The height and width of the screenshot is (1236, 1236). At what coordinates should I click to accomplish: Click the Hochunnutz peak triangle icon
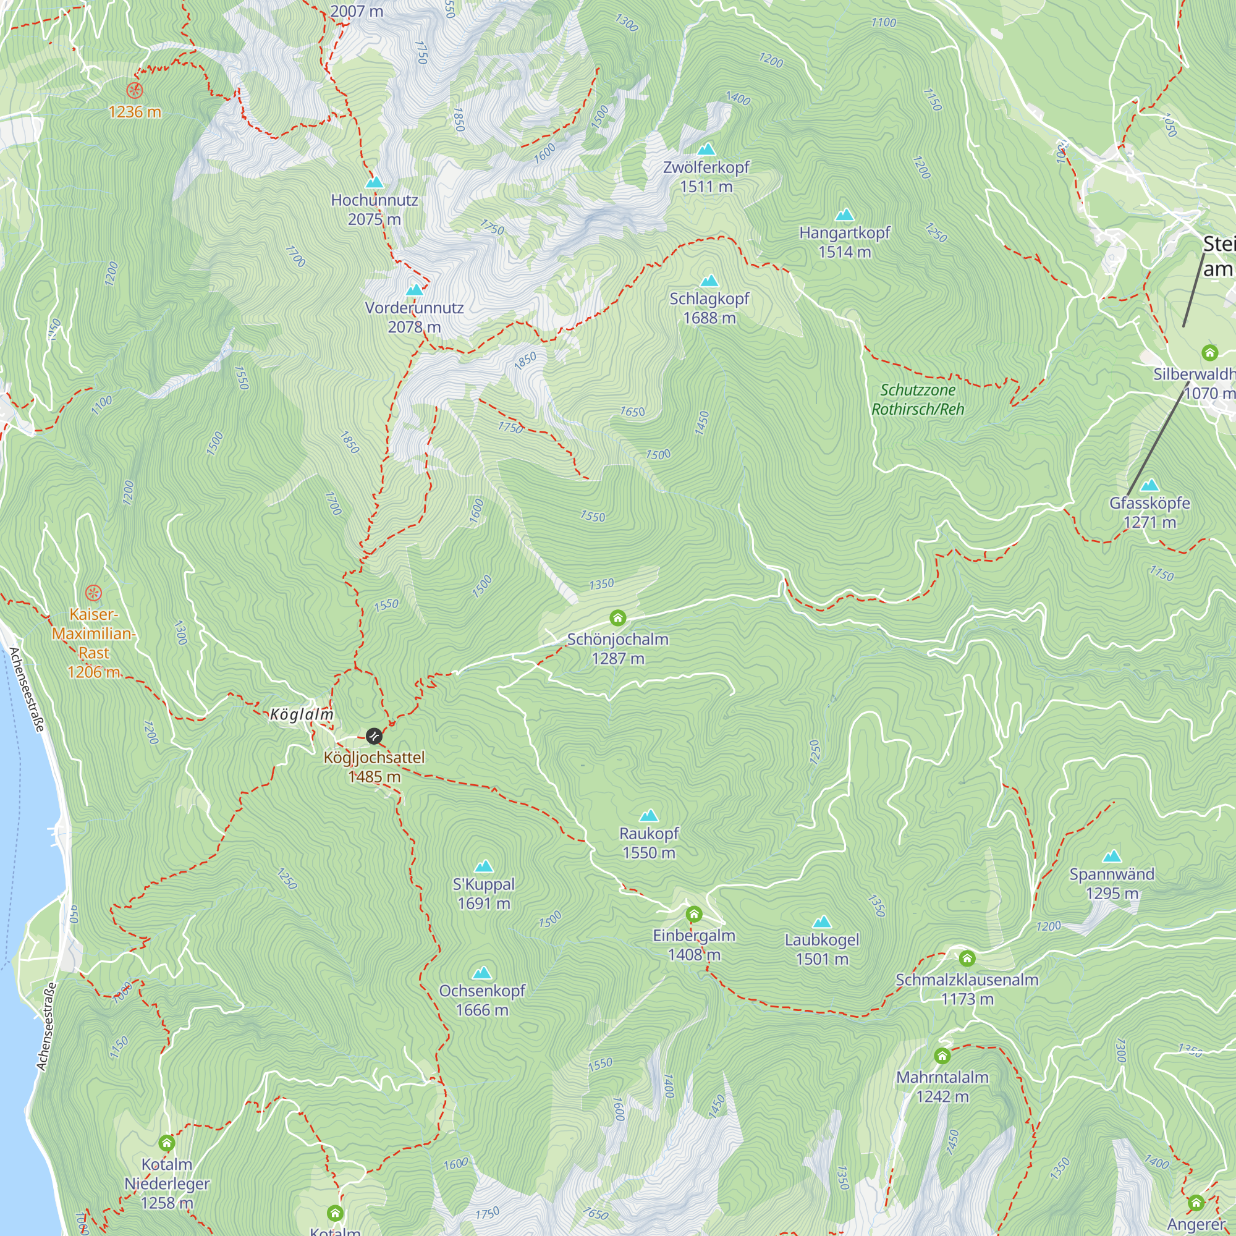(x=375, y=183)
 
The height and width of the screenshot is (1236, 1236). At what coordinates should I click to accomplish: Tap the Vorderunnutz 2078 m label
(x=415, y=317)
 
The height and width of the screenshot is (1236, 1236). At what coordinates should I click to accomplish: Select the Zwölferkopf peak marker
(x=706, y=150)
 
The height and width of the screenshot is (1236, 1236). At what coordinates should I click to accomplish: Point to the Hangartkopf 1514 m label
(x=844, y=242)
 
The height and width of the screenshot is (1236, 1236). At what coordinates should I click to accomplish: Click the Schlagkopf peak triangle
(x=709, y=281)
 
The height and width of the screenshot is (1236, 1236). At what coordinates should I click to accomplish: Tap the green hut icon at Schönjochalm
(x=617, y=618)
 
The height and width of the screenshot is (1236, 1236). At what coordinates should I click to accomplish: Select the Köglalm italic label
(x=302, y=714)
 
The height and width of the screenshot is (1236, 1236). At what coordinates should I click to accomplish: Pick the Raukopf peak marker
(x=649, y=816)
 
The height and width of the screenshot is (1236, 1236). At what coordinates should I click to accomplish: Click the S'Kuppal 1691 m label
(x=484, y=894)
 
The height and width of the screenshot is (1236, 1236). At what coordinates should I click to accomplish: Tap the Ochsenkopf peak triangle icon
(x=482, y=974)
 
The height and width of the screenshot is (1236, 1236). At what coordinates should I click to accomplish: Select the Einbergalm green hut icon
(x=693, y=913)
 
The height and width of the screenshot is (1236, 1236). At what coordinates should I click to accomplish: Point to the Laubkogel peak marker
(x=822, y=923)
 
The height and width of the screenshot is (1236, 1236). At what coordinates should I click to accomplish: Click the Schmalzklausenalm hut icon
(x=967, y=959)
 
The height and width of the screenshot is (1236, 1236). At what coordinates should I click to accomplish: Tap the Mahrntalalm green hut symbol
(x=942, y=1056)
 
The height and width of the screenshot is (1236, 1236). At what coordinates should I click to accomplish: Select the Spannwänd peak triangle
(x=1112, y=857)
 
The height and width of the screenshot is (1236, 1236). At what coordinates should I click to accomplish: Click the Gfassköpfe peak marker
(x=1149, y=486)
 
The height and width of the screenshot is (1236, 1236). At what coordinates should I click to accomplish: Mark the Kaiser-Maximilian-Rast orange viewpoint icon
(x=93, y=593)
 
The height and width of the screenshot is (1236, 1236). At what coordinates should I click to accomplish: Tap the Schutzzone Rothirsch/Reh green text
(x=917, y=399)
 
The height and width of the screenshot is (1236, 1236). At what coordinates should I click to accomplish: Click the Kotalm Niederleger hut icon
(x=166, y=1143)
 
